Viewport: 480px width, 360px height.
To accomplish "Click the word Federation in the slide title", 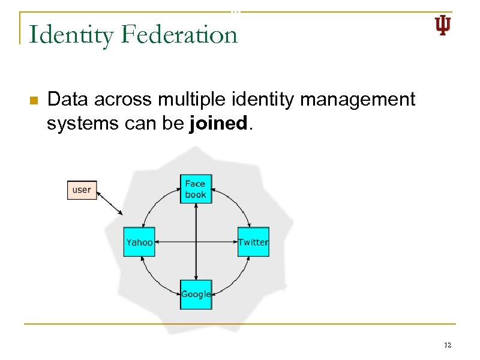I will [x=179, y=34].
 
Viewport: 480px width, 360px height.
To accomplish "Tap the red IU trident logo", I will [x=443, y=26].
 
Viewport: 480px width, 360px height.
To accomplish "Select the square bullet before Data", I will [x=34, y=100].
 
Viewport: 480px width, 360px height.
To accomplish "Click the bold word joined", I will [x=218, y=124].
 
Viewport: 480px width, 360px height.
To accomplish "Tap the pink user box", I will [x=82, y=190].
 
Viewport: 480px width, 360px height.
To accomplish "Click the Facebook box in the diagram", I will [x=196, y=189].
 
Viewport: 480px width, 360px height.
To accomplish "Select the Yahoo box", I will [x=139, y=242].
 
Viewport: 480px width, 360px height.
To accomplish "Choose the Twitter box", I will [x=253, y=242].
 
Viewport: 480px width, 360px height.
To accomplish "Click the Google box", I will [x=196, y=294].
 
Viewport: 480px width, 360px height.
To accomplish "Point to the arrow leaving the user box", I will [x=110, y=202].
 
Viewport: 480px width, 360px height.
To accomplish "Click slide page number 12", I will [x=447, y=346].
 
